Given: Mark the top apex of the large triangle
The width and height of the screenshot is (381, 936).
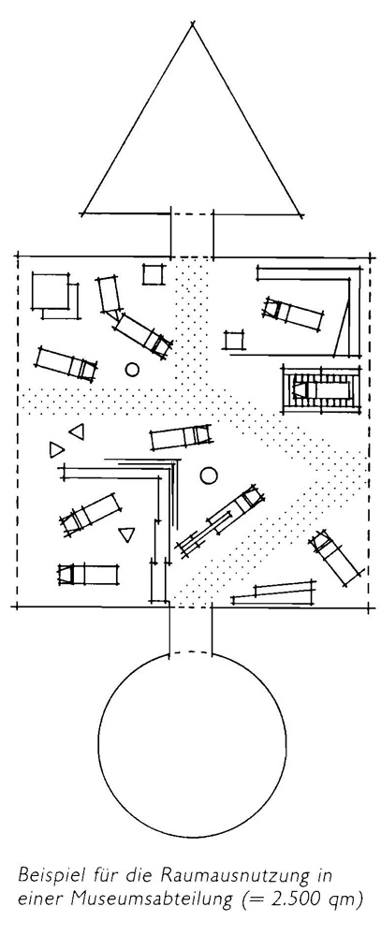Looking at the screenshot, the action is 192,24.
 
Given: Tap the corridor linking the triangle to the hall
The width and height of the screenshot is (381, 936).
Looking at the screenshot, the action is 192,235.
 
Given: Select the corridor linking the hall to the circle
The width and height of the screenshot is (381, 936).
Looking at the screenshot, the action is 191,630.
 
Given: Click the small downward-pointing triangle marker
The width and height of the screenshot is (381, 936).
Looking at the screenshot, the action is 125,534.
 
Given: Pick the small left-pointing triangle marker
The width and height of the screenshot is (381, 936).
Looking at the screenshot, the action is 77,431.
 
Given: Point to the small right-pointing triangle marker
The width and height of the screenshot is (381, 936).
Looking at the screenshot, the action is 56,449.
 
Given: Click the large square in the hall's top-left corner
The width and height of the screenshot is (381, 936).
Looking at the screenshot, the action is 51,291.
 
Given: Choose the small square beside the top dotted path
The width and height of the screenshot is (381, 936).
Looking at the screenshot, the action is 153,274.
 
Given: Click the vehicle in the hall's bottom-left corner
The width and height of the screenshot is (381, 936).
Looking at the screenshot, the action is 87,575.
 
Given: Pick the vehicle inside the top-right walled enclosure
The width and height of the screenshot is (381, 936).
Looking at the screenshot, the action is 293,314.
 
